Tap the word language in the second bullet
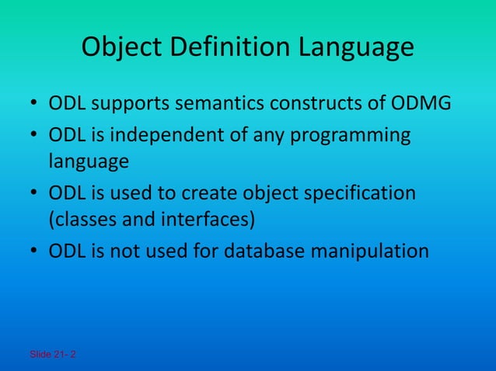pos(88,162)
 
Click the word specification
pos(355,192)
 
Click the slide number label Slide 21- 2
pos(53,355)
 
